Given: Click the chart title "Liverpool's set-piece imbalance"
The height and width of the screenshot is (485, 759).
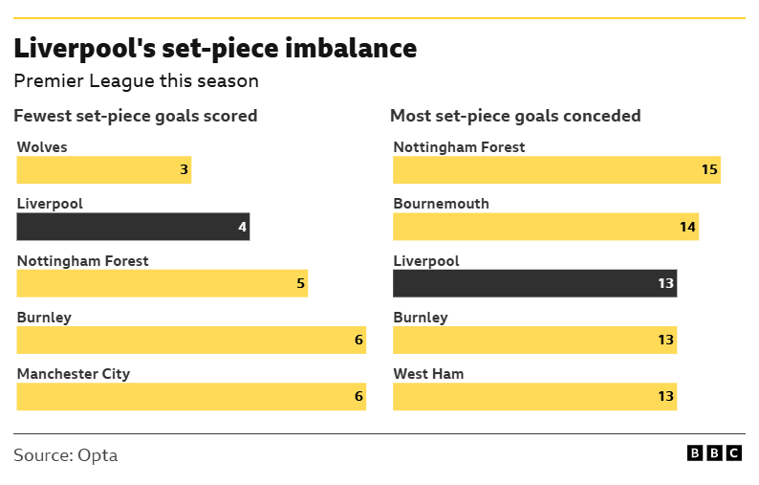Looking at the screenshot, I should (x=215, y=48).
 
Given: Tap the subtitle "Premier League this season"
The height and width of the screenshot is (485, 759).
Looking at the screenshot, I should (x=136, y=81).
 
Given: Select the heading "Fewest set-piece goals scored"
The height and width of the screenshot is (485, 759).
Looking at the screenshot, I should (x=135, y=116).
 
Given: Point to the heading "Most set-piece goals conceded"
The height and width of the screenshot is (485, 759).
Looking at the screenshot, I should (x=515, y=116).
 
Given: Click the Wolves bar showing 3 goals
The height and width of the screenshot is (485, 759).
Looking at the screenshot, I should (x=103, y=170).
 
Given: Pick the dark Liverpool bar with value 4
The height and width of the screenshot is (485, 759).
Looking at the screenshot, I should (x=133, y=227).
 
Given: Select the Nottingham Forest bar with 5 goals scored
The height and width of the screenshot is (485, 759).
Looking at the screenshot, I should (x=162, y=283).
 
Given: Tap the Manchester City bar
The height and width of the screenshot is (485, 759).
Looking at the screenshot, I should (x=191, y=397).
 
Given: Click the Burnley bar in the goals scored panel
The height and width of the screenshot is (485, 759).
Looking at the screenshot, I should (x=191, y=341).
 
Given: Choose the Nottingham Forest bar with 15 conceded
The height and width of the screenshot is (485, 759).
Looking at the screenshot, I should (x=556, y=170).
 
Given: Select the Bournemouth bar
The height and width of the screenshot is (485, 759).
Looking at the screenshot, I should (x=545, y=227).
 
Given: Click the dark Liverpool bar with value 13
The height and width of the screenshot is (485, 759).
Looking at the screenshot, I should (x=534, y=283).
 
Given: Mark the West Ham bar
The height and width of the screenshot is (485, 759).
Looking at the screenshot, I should (x=534, y=397).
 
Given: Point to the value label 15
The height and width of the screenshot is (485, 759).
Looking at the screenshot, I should (x=708, y=170).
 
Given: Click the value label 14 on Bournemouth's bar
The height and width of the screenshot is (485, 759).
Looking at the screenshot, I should (x=687, y=227).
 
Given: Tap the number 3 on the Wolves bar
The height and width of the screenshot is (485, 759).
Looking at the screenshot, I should (x=184, y=170).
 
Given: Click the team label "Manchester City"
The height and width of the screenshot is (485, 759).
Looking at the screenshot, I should (x=74, y=374).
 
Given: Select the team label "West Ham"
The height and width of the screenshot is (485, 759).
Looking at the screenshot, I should (x=428, y=374).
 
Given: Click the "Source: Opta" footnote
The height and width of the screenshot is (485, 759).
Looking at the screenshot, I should (x=66, y=455).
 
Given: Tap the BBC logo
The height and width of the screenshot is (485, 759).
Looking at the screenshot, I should (x=714, y=453).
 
